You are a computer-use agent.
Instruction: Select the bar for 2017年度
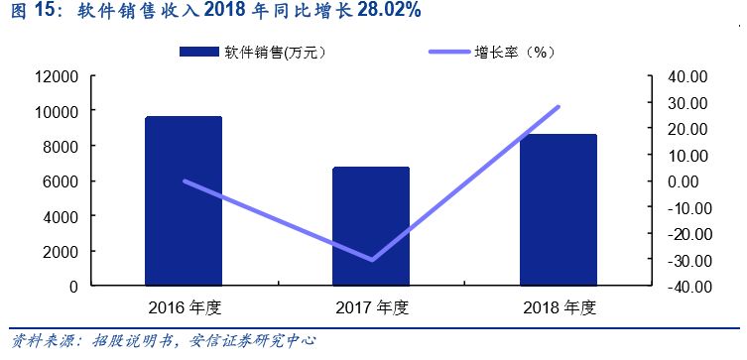371,226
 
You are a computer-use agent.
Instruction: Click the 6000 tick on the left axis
62,181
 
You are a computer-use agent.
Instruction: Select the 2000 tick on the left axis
62,252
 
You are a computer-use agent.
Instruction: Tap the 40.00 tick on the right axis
684,76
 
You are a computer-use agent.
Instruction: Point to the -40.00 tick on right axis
682,287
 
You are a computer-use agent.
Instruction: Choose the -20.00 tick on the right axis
682,234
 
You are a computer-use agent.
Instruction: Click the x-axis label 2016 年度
184,307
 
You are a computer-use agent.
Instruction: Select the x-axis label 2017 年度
371,307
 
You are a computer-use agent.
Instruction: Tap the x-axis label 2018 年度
559,307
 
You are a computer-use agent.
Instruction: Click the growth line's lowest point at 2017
372,260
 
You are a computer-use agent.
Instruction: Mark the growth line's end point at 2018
559,107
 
